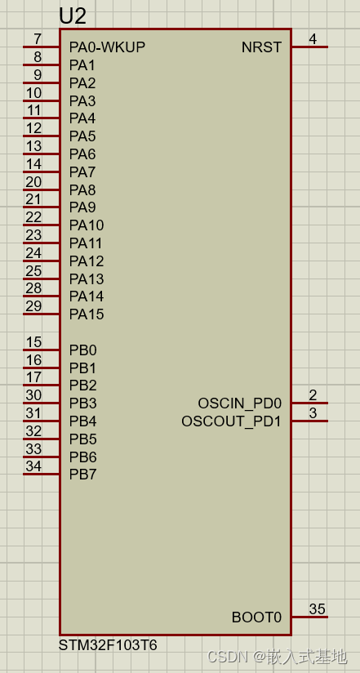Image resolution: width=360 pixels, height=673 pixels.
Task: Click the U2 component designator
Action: click(73, 16)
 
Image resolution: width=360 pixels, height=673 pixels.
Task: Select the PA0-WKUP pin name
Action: click(107, 47)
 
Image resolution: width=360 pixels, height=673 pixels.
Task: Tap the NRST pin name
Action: click(261, 47)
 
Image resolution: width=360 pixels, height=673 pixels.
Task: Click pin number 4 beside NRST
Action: click(313, 39)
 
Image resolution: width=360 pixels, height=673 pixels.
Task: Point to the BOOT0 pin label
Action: click(256, 617)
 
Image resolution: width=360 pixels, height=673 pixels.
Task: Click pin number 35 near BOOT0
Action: click(317, 609)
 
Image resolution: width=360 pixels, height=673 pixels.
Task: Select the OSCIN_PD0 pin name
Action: click(239, 403)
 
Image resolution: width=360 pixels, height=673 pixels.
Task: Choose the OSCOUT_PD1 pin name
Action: click(231, 421)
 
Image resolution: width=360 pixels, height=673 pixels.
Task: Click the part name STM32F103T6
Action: click(108, 645)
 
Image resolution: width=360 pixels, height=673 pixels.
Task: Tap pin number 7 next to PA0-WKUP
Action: click(38, 39)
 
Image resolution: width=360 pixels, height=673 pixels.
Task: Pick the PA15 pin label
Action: click(87, 314)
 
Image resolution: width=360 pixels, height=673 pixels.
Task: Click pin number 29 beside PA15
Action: click(33, 306)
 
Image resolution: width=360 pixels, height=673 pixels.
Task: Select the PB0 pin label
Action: click(82, 350)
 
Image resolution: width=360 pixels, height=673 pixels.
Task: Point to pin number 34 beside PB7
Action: click(33, 466)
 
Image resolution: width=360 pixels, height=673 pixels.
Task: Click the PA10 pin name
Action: click(87, 225)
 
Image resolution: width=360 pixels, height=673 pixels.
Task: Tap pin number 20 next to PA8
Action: click(33, 182)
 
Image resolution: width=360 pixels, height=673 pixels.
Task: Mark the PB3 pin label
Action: click(82, 403)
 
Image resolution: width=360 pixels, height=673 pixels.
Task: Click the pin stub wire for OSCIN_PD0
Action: click(310, 403)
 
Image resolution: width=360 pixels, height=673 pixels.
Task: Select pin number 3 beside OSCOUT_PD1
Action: click(313, 413)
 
